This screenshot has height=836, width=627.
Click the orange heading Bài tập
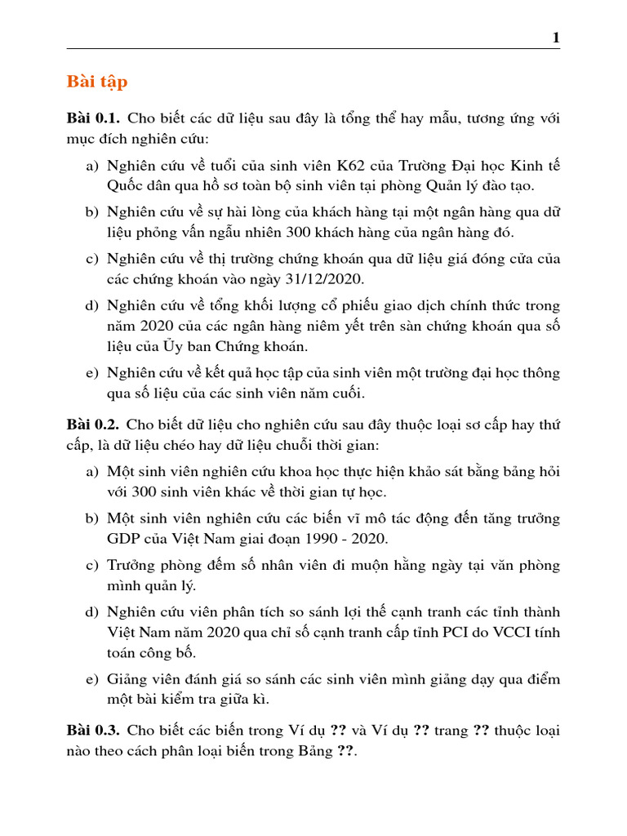[96, 82]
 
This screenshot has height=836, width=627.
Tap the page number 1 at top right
[556, 38]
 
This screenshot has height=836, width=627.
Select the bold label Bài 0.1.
[93, 119]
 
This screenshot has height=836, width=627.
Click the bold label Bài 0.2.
[93, 425]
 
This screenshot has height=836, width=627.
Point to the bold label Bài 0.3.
[93, 730]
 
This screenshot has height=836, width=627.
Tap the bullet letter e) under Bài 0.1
[92, 373]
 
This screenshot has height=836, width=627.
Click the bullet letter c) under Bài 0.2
[92, 566]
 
